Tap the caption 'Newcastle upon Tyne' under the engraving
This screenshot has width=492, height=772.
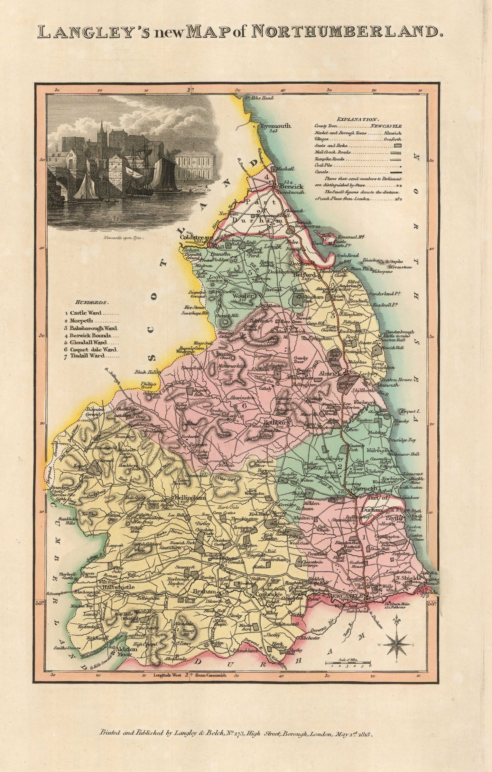[124, 238]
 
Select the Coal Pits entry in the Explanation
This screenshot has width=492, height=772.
[323, 165]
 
